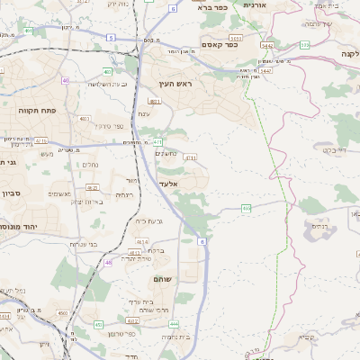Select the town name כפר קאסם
(220, 45)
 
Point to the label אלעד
(169, 184)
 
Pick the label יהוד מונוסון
(20, 227)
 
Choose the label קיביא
(308, 337)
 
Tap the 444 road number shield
(174, 324)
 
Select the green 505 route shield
(304, 44)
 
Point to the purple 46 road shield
(109, 263)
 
